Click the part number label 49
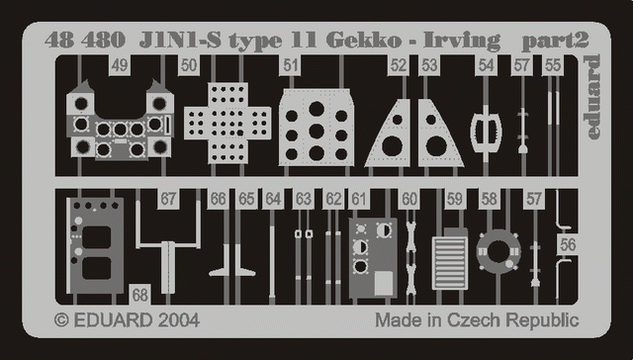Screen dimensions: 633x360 pyautogui.click(x=119, y=65)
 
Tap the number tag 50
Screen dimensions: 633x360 pyautogui.click(x=189, y=65)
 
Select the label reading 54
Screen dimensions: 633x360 pyautogui.click(x=486, y=65)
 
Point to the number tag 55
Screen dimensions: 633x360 pyautogui.click(x=553, y=65)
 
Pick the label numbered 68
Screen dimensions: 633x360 pyautogui.click(x=139, y=295)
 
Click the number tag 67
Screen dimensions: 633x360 pyautogui.click(x=168, y=199)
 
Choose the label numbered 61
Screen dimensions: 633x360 pyautogui.click(x=358, y=199)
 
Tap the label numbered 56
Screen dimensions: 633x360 pyautogui.click(x=568, y=245)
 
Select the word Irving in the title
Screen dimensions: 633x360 pyautogui.click(x=462, y=42)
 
